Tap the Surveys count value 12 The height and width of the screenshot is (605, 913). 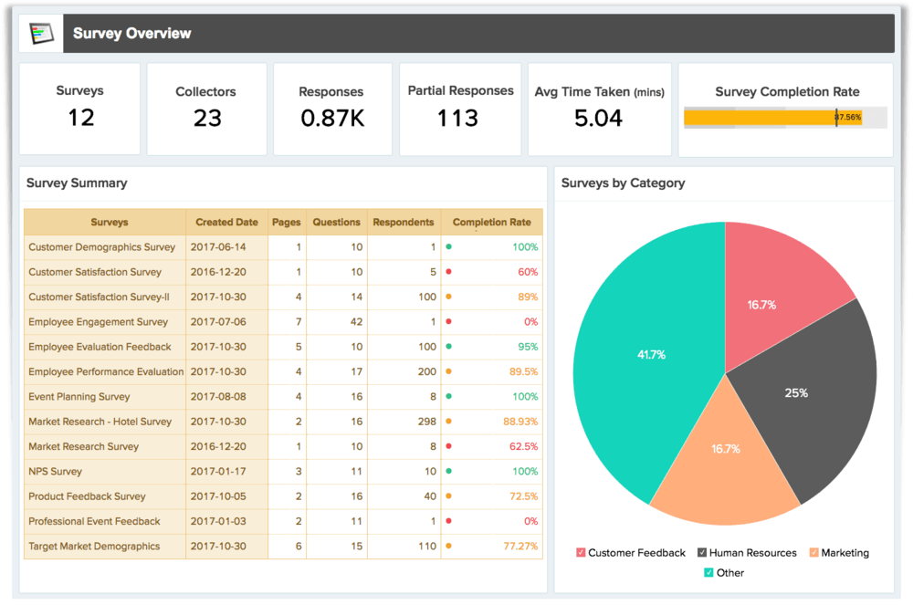click(80, 118)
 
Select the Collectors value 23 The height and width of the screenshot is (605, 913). click(206, 119)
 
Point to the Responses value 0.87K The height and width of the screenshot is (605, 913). click(331, 119)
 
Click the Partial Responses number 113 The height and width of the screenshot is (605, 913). click(457, 119)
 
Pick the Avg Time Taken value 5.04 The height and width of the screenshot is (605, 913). click(599, 119)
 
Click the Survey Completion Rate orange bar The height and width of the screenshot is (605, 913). click(758, 117)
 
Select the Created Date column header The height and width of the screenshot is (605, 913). click(226, 222)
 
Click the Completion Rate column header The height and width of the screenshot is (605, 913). click(491, 222)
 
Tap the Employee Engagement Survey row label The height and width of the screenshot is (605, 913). click(99, 322)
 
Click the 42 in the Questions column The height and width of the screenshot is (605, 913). click(356, 322)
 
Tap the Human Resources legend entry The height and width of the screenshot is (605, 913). click(746, 553)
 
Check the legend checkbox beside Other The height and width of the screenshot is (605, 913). click(708, 573)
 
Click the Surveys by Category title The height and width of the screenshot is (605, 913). click(623, 183)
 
